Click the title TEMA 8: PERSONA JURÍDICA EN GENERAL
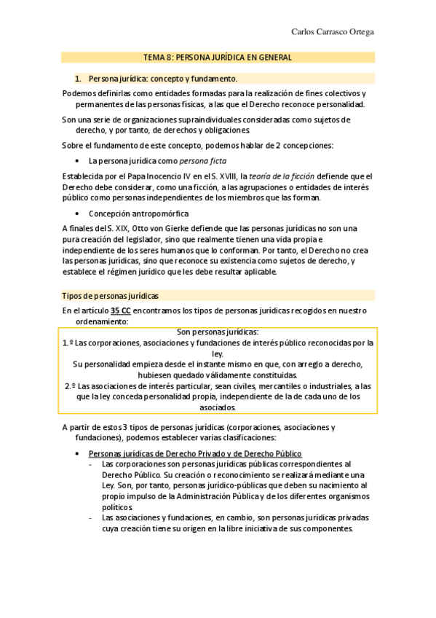(x=218, y=57)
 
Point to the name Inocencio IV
(x=149, y=176)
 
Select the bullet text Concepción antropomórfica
(x=138, y=214)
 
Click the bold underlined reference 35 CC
(x=121, y=310)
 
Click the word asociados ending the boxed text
(x=218, y=408)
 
